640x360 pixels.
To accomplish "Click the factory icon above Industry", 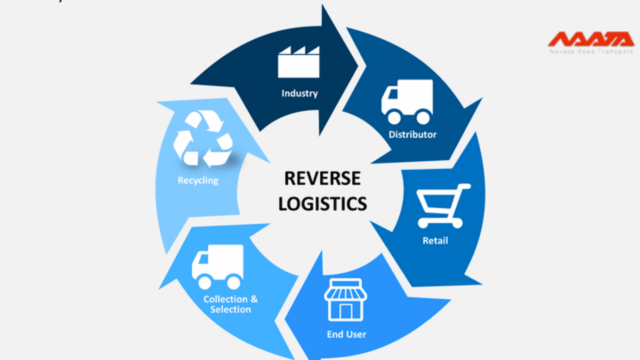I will [299, 62].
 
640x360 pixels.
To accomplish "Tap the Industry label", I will [299, 93].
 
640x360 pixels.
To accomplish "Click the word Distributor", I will [412, 135].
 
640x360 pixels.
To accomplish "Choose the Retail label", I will [435, 241].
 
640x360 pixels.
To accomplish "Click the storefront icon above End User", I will [345, 300].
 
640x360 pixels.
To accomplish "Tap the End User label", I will [346, 334].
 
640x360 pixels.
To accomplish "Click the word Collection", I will [226, 299].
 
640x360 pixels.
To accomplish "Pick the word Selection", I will [230, 309].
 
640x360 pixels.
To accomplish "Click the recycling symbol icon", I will [203, 139].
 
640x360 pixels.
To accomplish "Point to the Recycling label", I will [198, 181].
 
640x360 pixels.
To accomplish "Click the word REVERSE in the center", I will [322, 178].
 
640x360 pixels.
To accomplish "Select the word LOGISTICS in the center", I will [322, 204].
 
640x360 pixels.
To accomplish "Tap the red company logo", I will [591, 39].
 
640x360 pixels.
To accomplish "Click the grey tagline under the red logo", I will [591, 52].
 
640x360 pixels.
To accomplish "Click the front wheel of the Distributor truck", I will [394, 117].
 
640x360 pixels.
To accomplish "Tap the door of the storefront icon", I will [346, 311].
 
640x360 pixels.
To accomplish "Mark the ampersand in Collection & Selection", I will [254, 299].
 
